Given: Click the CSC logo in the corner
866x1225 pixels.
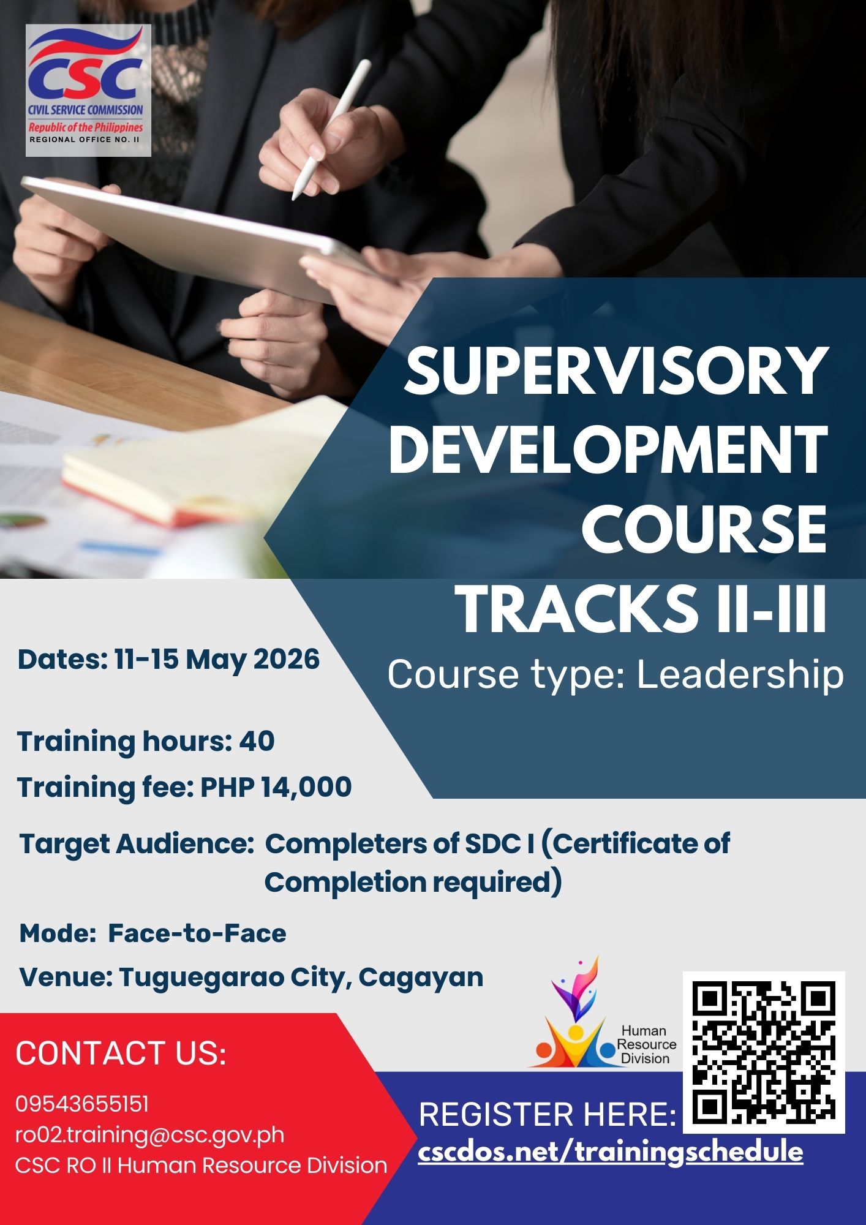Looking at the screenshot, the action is [x=88, y=90].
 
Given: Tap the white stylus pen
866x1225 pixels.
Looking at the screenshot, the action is [x=331, y=129].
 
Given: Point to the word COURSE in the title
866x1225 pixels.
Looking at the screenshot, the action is [x=705, y=529].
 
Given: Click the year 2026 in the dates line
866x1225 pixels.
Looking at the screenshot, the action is [x=287, y=660].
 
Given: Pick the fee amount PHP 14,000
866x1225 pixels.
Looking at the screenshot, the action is [x=276, y=787].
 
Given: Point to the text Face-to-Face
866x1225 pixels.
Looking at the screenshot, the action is [x=197, y=933].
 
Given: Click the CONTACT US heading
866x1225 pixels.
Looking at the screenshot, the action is [x=121, y=1053].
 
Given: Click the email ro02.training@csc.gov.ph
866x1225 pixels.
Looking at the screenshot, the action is [x=150, y=1134].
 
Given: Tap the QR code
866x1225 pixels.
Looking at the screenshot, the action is [x=764, y=1052].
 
